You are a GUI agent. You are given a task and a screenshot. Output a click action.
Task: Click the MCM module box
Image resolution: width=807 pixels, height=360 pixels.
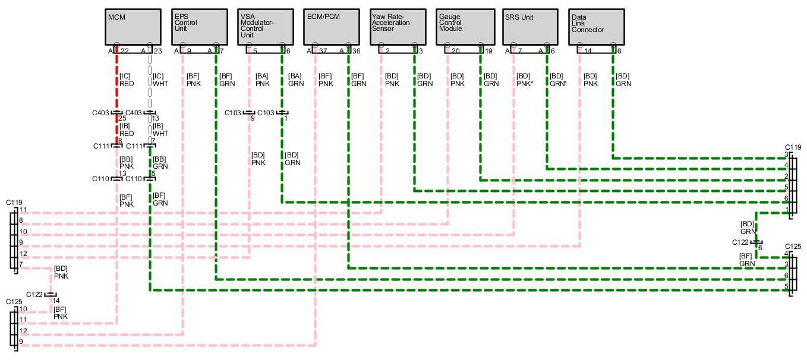(133, 27)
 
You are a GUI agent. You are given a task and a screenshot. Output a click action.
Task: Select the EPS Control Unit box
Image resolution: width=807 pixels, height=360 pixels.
(199, 27)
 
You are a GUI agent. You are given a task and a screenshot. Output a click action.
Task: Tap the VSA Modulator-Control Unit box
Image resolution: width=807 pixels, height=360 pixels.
(265, 27)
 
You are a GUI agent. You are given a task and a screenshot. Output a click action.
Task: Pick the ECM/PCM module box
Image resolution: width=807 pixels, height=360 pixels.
(332, 27)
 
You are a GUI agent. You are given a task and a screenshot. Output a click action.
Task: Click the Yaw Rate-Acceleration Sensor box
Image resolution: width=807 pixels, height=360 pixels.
(398, 27)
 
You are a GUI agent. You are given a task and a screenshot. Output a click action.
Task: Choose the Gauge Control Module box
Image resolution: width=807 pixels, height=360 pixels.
(464, 27)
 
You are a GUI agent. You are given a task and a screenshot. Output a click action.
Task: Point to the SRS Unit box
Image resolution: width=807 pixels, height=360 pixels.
(531, 27)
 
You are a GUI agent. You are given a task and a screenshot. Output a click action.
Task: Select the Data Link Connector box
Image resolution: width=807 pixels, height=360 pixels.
(597, 27)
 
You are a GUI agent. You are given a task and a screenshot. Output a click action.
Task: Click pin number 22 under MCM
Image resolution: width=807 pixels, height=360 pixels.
(125, 52)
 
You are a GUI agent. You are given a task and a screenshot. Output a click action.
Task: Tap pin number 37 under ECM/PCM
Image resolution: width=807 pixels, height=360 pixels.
(323, 52)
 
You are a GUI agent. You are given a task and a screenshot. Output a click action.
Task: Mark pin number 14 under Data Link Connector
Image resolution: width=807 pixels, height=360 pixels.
(588, 52)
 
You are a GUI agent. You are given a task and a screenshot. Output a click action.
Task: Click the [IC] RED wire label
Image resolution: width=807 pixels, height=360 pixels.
(127, 80)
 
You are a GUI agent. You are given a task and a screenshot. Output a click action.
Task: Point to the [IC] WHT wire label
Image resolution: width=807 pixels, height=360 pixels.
(159, 80)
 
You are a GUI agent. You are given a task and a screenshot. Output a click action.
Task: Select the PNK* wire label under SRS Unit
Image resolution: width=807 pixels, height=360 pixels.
(524, 84)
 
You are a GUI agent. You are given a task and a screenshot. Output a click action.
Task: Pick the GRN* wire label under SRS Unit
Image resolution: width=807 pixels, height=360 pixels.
(557, 84)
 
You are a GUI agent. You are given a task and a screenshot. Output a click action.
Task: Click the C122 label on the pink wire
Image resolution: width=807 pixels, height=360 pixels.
(34, 294)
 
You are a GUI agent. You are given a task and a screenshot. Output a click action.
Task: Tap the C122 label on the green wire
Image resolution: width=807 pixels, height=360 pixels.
(740, 242)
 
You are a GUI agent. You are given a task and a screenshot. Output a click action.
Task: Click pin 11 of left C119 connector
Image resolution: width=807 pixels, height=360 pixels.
(23, 210)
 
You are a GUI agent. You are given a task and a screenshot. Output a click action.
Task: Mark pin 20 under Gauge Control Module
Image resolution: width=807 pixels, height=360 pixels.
(455, 52)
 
